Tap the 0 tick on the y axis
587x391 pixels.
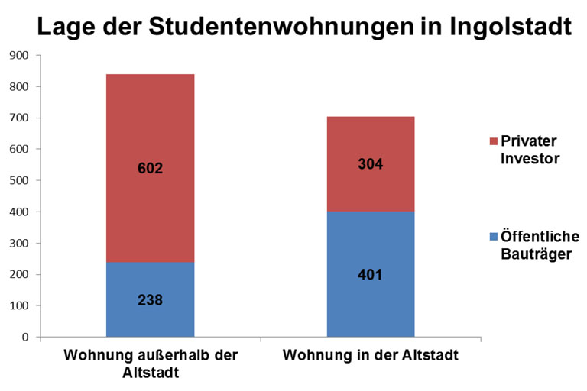pyautogui.click(x=24, y=337)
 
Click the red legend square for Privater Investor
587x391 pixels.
pyautogui.click(x=493, y=141)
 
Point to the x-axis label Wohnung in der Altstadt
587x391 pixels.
pyautogui.click(x=371, y=356)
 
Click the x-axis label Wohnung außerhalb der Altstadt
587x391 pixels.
pyautogui.click(x=151, y=364)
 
